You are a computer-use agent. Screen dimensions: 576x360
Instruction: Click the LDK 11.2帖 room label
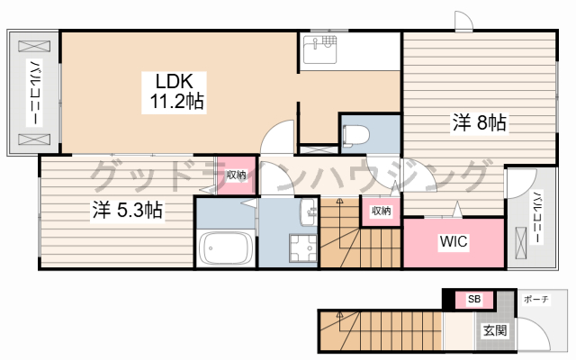tap(174, 92)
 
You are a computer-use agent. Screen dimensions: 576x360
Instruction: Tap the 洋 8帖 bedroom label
tap(480, 123)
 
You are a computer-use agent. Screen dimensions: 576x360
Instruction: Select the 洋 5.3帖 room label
tap(127, 211)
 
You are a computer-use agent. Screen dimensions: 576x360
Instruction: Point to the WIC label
tap(454, 242)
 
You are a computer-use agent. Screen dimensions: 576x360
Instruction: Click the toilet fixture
tap(355, 135)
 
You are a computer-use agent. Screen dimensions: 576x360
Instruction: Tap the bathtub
tap(225, 248)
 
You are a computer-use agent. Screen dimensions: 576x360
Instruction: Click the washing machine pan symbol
tap(302, 248)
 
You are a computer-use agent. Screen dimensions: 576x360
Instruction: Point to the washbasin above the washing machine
tap(308, 212)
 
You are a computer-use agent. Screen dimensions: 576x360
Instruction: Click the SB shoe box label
tap(474, 299)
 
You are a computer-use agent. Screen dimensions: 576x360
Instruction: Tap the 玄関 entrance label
tap(495, 330)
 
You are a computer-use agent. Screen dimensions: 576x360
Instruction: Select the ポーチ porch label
tap(536, 300)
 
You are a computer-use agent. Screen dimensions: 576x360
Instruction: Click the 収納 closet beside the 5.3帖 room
tap(236, 175)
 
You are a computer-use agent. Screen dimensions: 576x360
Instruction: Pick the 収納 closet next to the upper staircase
tap(381, 211)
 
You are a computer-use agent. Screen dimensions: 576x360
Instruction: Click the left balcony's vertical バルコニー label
tap(35, 93)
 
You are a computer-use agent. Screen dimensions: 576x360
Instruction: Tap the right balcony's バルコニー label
tap(536, 217)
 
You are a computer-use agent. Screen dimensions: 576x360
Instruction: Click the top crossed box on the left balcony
tap(34, 46)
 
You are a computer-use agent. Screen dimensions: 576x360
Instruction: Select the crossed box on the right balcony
tap(520, 242)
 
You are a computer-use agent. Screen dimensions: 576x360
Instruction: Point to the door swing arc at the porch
tap(540, 328)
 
